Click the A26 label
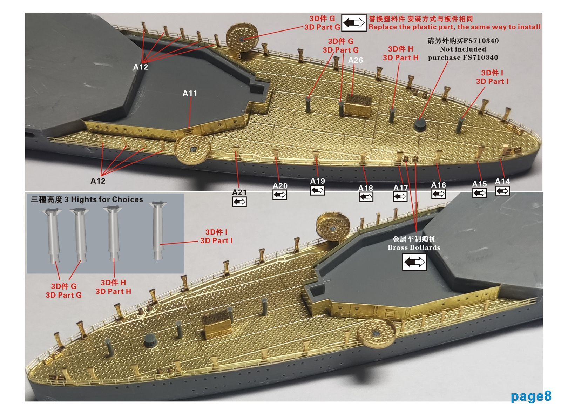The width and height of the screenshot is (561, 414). click(x=355, y=60)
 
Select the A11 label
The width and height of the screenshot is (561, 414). click(x=190, y=93)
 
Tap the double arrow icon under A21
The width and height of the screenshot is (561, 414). click(x=239, y=202)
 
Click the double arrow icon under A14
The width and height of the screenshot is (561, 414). click(x=502, y=191)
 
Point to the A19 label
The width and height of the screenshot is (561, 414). click(x=317, y=181)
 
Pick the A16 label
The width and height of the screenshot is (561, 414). click(x=438, y=185)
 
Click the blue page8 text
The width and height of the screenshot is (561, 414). click(x=530, y=396)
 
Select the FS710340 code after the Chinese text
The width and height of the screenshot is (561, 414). click(x=481, y=41)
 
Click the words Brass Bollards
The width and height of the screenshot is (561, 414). click(x=414, y=247)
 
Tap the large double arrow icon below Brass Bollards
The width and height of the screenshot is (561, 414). click(x=414, y=262)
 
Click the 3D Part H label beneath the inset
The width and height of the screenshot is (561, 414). click(x=113, y=291)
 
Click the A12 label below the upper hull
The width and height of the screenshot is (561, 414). click(x=98, y=181)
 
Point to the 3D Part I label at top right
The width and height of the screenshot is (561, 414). click(x=492, y=81)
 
